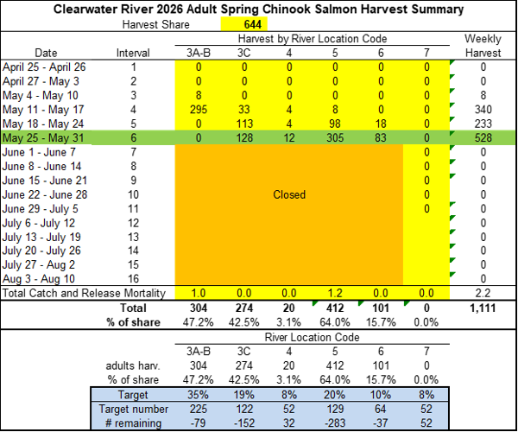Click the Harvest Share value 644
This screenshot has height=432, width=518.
[253, 24]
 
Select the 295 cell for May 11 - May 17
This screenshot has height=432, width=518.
[199, 110]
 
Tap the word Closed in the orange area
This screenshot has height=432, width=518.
[289, 194]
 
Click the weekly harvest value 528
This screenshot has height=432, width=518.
[483, 138]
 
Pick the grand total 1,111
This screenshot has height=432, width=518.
[483, 308]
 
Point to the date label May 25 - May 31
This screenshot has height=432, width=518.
[43, 138]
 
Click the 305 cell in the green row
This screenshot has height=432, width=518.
[335, 138]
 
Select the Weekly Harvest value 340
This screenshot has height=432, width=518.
[483, 110]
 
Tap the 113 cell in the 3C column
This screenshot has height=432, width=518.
[243, 124]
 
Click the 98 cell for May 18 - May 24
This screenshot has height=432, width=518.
[335, 124]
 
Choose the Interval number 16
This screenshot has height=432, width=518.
[133, 278]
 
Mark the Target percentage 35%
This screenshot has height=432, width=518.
[199, 395]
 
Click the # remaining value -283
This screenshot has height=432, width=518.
[335, 423]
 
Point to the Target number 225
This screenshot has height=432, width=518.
[199, 409]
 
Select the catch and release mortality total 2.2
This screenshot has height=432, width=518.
[483, 293]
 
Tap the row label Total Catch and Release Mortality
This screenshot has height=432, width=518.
[84, 293]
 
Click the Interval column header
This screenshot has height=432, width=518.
[133, 53]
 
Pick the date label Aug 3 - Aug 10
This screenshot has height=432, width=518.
[39, 278]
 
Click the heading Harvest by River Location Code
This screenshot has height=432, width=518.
[313, 39]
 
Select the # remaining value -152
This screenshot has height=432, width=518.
[243, 423]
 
